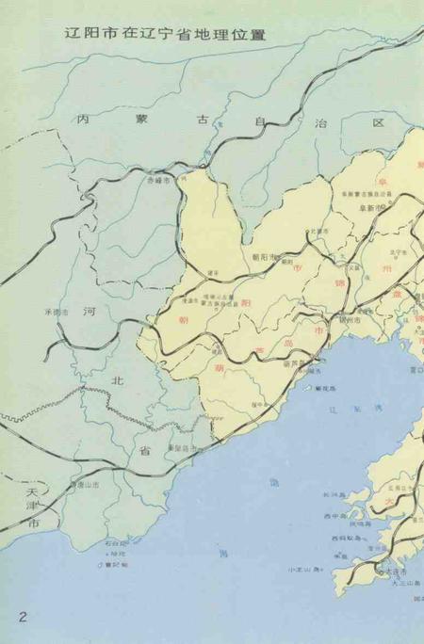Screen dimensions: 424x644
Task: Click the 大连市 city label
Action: tap(394, 571)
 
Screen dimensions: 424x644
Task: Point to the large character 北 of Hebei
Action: tap(118, 379)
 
